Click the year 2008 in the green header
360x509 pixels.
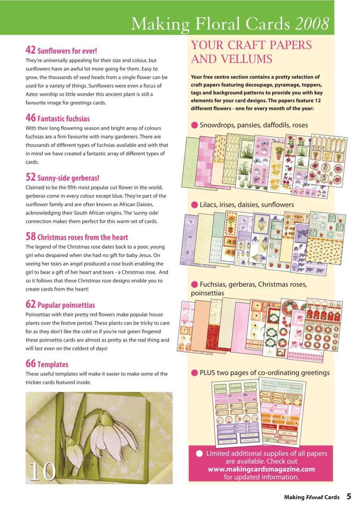point(312,24)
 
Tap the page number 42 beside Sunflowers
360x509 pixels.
point(31,50)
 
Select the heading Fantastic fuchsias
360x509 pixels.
point(63,119)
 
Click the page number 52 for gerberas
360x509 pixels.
point(31,177)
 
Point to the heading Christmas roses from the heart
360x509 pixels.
point(82,237)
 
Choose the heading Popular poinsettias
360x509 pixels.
point(66,305)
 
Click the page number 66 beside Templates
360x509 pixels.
point(31,363)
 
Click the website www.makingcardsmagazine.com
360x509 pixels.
point(261,469)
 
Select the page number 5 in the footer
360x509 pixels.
point(348,496)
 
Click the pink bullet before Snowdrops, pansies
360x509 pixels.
point(195,125)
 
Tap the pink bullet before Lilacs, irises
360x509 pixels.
point(195,205)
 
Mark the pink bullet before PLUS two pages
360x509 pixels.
point(195,373)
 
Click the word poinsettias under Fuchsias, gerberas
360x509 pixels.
point(207,293)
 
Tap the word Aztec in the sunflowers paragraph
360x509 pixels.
point(33,94)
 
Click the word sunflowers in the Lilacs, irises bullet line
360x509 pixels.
point(275,205)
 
